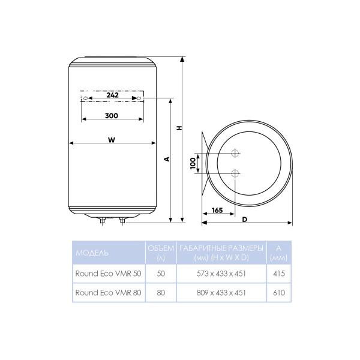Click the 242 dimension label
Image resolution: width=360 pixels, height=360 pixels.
point(113,95)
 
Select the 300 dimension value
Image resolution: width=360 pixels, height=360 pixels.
point(112,116)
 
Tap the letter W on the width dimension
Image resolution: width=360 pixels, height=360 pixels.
point(112,140)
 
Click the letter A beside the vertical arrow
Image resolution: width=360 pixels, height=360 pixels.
point(167,159)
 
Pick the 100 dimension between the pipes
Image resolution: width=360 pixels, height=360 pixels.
point(193,163)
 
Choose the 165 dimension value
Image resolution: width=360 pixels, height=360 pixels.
point(217,211)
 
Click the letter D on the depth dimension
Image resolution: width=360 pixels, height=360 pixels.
point(245,220)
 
